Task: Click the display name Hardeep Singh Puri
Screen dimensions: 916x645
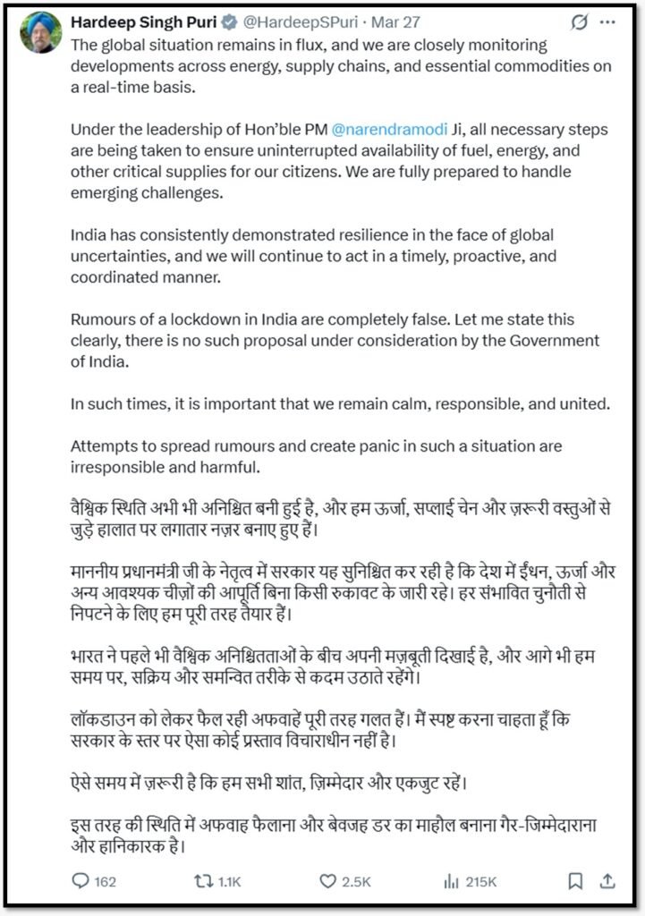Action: click(144, 21)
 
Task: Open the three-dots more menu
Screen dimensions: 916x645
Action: click(614, 21)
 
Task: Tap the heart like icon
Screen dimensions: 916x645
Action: click(327, 881)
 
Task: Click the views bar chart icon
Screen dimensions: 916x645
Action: click(451, 881)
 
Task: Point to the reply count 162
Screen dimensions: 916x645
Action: click(105, 882)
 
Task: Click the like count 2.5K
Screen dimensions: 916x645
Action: click(356, 882)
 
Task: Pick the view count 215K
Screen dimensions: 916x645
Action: click(480, 882)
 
